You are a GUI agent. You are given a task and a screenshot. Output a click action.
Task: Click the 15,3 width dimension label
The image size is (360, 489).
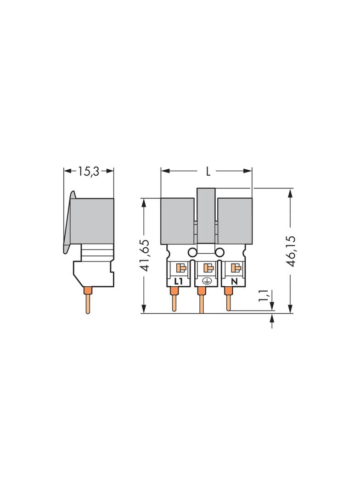click(x=88, y=171)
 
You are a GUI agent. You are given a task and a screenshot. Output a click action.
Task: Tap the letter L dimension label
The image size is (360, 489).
click(x=208, y=171)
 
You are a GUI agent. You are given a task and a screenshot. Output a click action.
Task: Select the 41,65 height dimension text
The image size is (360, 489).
click(x=144, y=256)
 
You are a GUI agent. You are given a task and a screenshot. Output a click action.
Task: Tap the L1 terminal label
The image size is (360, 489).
click(x=178, y=282)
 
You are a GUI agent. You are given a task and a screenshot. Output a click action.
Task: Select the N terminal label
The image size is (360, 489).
click(x=234, y=282)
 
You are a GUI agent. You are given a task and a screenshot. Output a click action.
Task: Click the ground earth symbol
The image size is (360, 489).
click(x=206, y=281)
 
